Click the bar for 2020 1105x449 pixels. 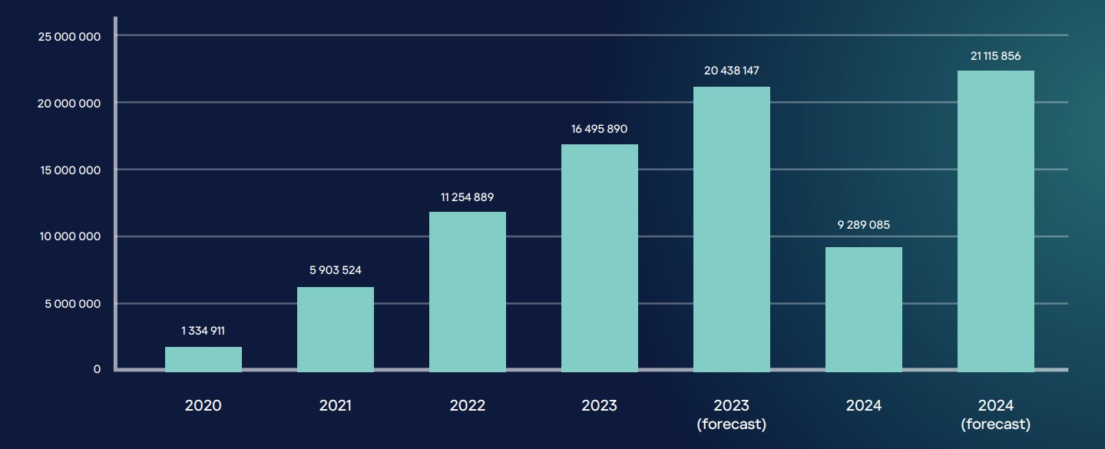(x=203, y=359)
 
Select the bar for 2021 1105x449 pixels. (x=336, y=329)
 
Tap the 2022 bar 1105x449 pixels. (x=468, y=292)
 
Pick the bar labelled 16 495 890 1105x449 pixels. (x=600, y=258)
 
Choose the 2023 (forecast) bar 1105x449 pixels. (x=732, y=229)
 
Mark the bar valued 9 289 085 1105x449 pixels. (x=864, y=309)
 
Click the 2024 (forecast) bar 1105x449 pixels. (x=996, y=221)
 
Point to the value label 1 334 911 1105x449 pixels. (x=203, y=331)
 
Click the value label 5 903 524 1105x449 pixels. (x=336, y=270)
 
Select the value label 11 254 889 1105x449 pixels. (x=468, y=197)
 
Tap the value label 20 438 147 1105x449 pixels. (x=732, y=71)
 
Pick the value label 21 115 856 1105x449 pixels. (x=996, y=56)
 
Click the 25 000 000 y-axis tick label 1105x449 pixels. (x=69, y=37)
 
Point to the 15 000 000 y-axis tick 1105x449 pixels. (x=69, y=170)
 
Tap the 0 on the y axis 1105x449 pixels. (x=97, y=369)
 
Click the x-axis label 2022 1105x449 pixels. (x=468, y=405)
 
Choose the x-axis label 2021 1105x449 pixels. (x=336, y=405)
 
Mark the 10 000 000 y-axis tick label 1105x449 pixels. (x=69, y=236)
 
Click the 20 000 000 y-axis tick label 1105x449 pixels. (x=69, y=104)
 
